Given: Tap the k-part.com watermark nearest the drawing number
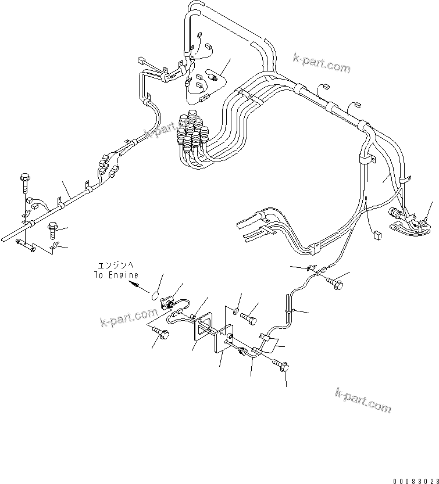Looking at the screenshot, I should coord(363,400).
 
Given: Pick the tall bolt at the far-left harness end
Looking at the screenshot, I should coord(24,182).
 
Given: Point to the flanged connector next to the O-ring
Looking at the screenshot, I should coord(169,302).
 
